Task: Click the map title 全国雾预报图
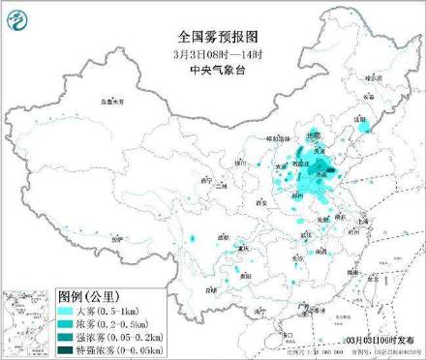[x=212, y=17]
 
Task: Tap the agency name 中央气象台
[x=212, y=42]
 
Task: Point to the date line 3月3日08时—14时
[x=212, y=30]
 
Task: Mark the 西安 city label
[x=260, y=202]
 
